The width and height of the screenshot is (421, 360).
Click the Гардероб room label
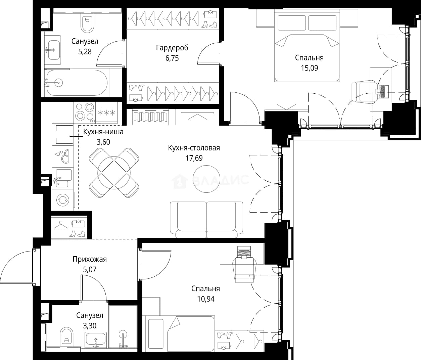click(172, 48)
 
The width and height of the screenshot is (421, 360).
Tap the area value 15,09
click(310, 68)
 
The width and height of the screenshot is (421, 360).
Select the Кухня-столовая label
click(194, 148)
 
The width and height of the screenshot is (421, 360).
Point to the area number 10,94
click(206, 299)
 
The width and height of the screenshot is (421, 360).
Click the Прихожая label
click(90, 259)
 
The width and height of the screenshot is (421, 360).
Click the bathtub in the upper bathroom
click(76, 83)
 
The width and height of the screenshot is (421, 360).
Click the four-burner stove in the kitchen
click(85, 113)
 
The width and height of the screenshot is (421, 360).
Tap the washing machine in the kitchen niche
click(63, 200)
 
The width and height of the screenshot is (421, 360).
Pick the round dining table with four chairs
click(114, 173)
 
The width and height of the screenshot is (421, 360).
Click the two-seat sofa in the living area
click(206, 220)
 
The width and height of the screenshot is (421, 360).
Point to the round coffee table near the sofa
click(206, 179)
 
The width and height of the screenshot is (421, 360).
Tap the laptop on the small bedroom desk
click(244, 252)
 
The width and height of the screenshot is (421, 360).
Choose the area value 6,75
click(172, 58)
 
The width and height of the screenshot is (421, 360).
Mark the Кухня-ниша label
click(103, 132)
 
